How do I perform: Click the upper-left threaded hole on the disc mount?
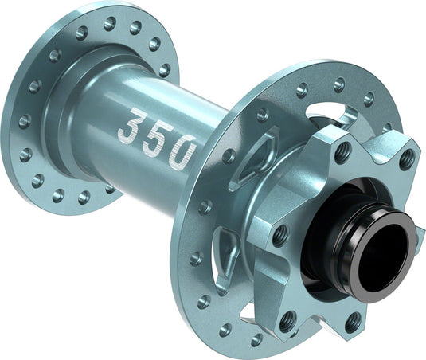click(343, 151)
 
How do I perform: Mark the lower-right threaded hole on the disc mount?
click(351, 322)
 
